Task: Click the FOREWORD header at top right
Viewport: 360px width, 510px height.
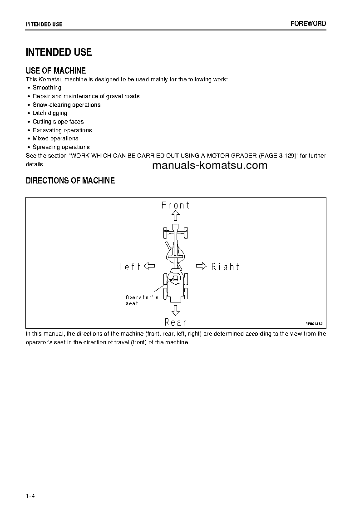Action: pyautogui.click(x=308, y=24)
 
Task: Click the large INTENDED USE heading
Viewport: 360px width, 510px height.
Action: pyautogui.click(x=59, y=52)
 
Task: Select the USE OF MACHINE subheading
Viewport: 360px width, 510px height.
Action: pyautogui.click(x=56, y=70)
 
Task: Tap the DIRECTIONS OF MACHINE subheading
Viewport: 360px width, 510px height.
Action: pyautogui.click(x=70, y=181)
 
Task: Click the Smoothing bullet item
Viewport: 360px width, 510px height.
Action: pyautogui.click(x=47, y=88)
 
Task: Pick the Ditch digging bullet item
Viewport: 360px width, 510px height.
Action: pyautogui.click(x=50, y=113)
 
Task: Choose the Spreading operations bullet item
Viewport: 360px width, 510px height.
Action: pyautogui.click(x=61, y=147)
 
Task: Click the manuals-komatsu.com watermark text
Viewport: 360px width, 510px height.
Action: pyautogui.click(x=210, y=165)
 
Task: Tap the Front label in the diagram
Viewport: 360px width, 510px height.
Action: pyautogui.click(x=176, y=205)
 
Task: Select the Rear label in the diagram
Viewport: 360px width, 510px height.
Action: pyautogui.click(x=176, y=322)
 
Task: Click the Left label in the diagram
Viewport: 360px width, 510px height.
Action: pyautogui.click(x=130, y=267)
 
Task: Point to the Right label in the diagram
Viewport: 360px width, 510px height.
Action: pyautogui.click(x=225, y=267)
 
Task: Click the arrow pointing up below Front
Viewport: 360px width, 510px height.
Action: pyautogui.click(x=176, y=216)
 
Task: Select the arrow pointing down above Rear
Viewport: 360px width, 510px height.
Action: pyautogui.click(x=176, y=310)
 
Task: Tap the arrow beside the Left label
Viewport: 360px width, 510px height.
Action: pyautogui.click(x=149, y=266)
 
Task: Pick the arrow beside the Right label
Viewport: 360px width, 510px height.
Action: pyautogui.click(x=202, y=266)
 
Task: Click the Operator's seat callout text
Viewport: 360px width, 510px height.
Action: pyautogui.click(x=142, y=300)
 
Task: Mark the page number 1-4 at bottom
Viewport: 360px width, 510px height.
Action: pyautogui.click(x=30, y=495)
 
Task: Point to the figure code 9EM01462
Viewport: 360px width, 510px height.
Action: pyautogui.click(x=314, y=324)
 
